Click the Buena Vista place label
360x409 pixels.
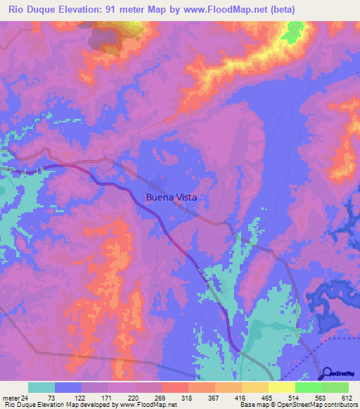pyautogui.click(x=171, y=197)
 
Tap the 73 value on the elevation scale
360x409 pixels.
pyautogui.click(x=51, y=397)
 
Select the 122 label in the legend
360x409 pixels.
pyautogui.click(x=86, y=397)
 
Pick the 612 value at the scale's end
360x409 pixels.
pyautogui.click(x=347, y=397)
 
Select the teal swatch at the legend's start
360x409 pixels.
pyautogui.click(x=41, y=387)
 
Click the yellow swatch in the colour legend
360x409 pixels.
pyautogui.click(x=281, y=387)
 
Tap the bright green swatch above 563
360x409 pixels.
pyautogui.click(x=308, y=387)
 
